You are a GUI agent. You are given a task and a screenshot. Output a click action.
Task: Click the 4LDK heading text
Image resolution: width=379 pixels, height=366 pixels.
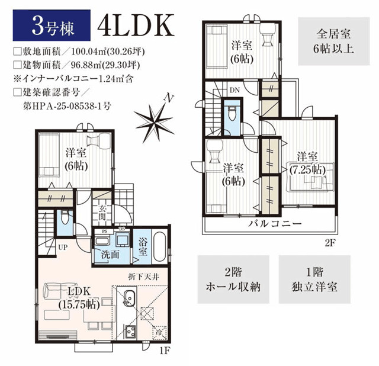coord(136,25)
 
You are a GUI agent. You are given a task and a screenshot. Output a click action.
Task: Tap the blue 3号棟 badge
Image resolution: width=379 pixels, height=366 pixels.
coord(52,25)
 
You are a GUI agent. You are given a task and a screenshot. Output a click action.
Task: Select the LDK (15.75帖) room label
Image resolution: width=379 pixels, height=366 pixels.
coord(79,298)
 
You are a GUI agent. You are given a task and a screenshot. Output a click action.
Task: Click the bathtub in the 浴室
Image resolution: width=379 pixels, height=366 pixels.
coord(159,246)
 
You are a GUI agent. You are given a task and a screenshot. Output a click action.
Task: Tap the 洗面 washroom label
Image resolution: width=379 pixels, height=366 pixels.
coord(110,255)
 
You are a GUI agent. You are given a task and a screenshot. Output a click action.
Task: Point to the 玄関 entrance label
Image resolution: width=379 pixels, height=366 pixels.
coord(102,213)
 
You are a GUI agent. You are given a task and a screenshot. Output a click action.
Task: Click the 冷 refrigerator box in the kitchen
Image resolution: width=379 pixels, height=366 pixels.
coord(159,332)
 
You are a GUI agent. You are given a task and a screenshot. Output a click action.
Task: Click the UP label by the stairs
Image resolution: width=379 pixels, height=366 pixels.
coord(63,248)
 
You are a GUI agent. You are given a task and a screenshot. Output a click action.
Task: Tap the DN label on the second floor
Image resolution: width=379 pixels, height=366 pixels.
coord(235,90)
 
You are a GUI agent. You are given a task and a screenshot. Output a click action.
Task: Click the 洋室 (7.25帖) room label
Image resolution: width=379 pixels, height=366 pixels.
coord(307,163)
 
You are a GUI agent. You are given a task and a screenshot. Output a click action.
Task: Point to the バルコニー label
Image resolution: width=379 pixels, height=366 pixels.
coord(275,223)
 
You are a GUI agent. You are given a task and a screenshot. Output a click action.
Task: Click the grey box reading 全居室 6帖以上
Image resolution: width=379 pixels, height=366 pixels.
coord(334,41)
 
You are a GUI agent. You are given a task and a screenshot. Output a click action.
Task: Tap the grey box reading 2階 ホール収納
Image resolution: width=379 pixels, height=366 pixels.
coord(233,280)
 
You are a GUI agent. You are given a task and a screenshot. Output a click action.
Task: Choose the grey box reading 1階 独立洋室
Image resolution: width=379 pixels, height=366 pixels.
coord(314,280)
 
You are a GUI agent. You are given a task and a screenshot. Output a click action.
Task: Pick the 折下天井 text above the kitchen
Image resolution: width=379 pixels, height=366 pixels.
coord(143,277)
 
